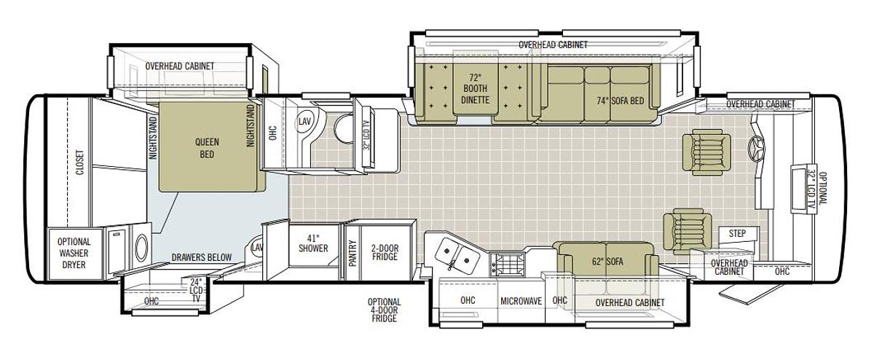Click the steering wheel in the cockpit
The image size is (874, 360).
coord(757,149)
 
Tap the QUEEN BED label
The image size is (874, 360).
coord(207,148)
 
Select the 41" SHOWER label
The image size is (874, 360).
coord(313,243)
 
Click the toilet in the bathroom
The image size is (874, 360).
coord(343,128)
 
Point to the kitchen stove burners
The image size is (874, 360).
coord(508,264)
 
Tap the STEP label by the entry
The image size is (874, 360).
coord(737,233)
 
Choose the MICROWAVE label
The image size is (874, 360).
coord(521,301)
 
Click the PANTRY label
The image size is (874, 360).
coord(353,254)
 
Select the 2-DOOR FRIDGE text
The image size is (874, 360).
coord(385,252)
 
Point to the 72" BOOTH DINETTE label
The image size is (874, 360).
coord(475,88)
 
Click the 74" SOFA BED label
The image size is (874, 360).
coord(620,101)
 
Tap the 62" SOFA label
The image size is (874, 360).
coord(607,261)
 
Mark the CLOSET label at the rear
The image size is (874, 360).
coord(79,162)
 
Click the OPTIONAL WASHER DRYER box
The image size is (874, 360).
coord(74,254)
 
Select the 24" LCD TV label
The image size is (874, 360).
coord(196,291)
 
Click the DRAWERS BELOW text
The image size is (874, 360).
coord(202,257)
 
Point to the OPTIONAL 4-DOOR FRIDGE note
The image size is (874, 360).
coord(384,310)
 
